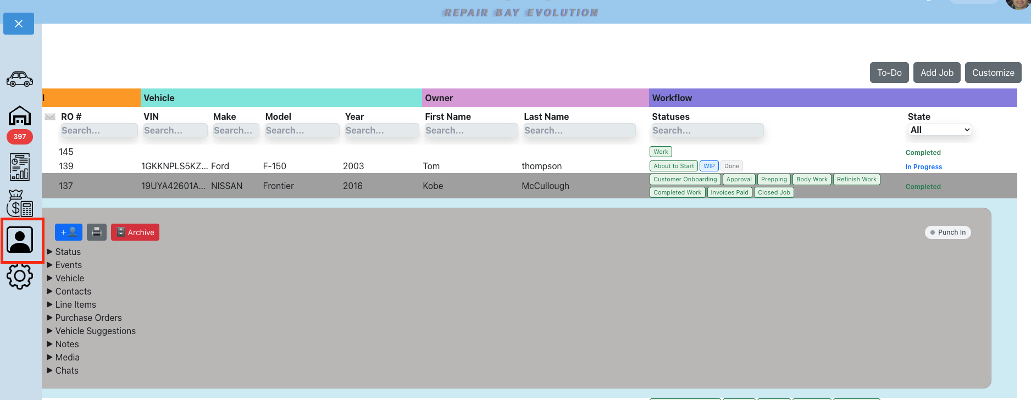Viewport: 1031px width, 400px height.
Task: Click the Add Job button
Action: click(937, 73)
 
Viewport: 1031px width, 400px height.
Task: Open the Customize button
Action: click(993, 73)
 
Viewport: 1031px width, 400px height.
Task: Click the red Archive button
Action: click(135, 232)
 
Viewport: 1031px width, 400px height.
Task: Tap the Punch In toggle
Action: click(948, 232)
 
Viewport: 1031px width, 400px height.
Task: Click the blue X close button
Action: click(19, 24)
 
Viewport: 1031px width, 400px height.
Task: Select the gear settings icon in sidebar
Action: click(20, 276)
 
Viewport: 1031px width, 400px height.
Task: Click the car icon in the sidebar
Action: click(20, 79)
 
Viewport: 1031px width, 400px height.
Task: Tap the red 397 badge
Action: click(20, 137)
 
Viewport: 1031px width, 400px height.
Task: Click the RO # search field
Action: click(99, 130)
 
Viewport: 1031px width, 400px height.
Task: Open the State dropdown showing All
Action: click(940, 130)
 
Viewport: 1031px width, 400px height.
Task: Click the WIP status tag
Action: click(709, 166)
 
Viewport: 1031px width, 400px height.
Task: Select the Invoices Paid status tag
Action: click(729, 192)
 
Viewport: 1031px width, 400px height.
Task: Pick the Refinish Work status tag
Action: click(856, 179)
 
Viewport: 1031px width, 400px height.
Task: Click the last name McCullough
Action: click(545, 186)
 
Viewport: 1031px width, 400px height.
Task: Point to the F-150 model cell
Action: click(275, 166)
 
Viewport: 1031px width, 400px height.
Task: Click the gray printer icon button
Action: click(97, 232)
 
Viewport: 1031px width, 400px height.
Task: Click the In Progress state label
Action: click(924, 167)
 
